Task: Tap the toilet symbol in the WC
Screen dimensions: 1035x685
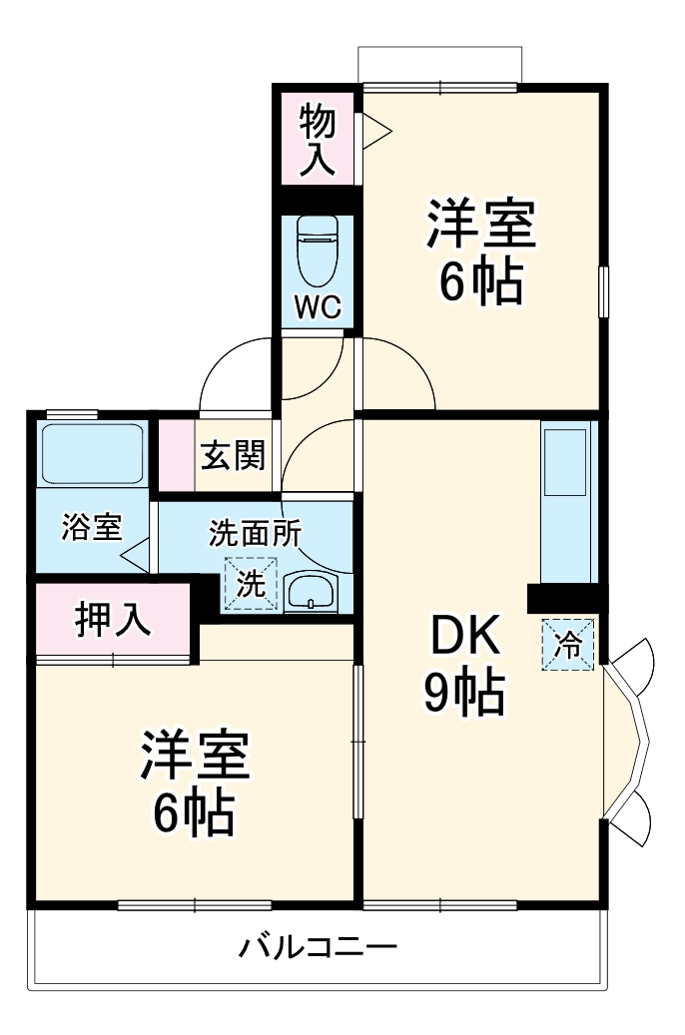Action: tap(319, 254)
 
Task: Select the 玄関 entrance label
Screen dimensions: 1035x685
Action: tap(235, 457)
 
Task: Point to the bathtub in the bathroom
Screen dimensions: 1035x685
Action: tap(92, 454)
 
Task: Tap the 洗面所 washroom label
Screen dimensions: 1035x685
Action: tap(255, 533)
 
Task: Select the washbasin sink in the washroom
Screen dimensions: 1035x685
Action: tap(314, 592)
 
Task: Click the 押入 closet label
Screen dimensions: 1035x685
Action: tap(114, 619)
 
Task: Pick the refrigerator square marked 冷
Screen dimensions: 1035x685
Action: tap(568, 644)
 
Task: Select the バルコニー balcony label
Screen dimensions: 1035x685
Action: tap(318, 946)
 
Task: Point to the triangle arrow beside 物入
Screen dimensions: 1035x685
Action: tap(375, 131)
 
